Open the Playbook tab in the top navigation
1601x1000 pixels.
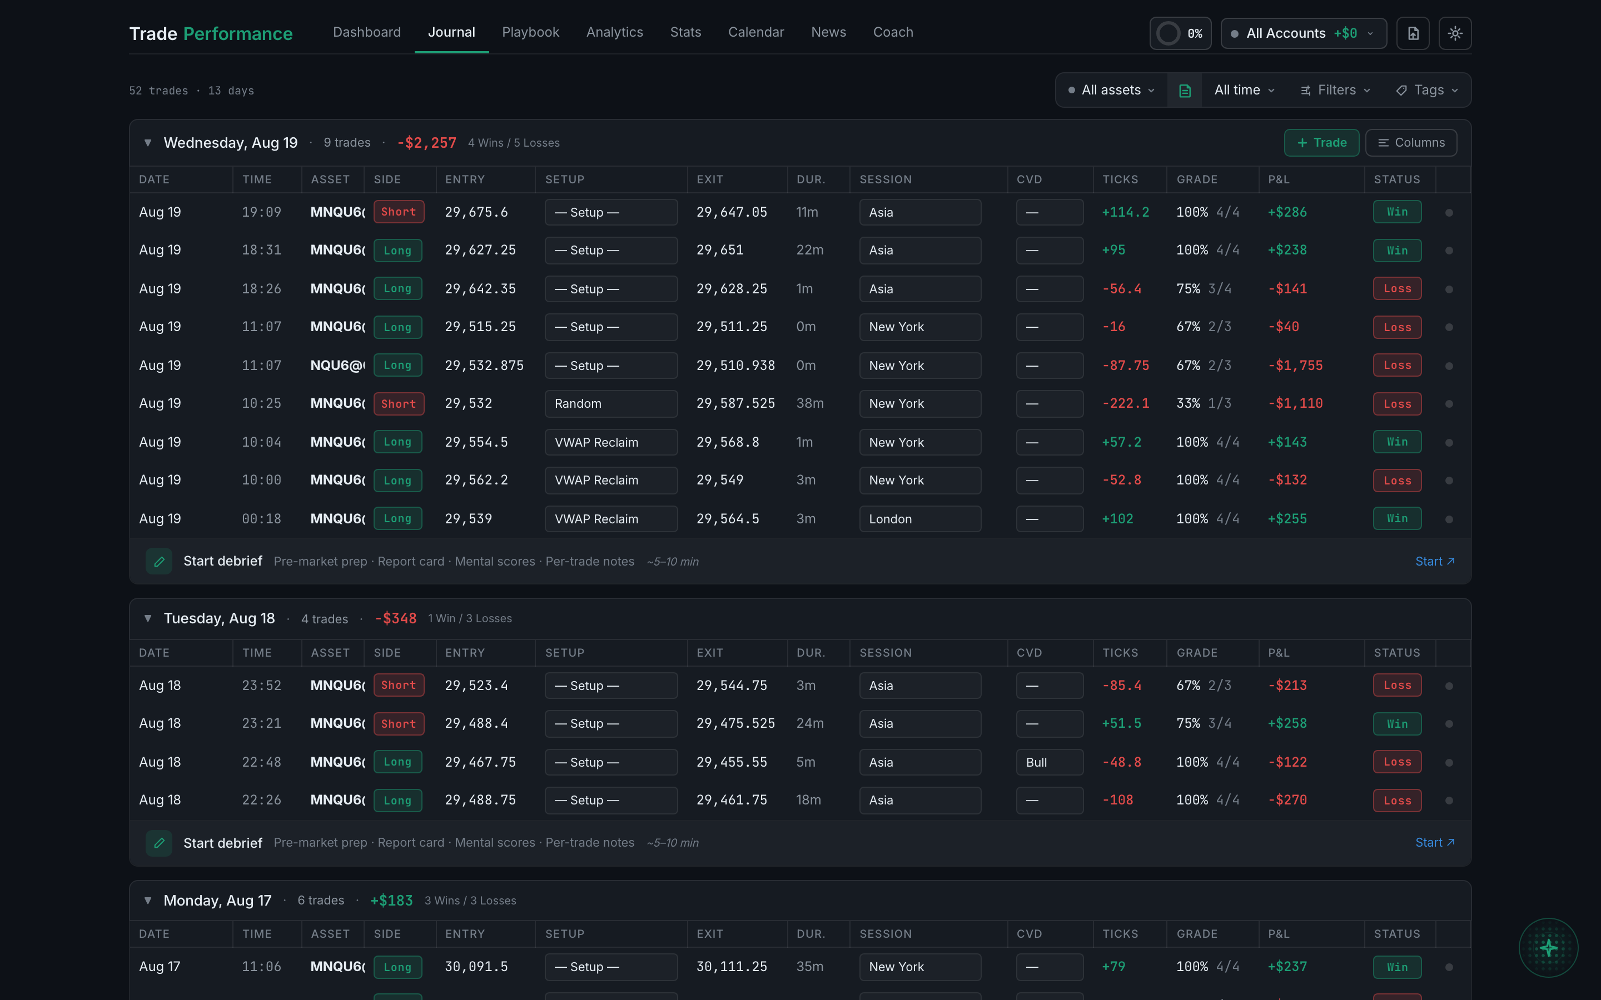coord(530,32)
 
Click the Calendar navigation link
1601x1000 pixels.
coord(755,32)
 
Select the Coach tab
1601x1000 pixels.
coord(892,32)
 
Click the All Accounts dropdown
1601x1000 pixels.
coord(1303,33)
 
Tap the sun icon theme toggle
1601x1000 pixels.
coord(1455,33)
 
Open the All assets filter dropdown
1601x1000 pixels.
coord(1111,90)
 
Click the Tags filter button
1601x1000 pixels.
coord(1427,90)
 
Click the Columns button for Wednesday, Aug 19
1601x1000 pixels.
coord(1411,143)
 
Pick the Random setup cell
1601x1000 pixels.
coord(610,403)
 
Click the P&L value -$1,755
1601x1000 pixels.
coord(1295,365)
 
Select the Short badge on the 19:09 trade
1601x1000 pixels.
coord(398,212)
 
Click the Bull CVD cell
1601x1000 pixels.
coord(1049,762)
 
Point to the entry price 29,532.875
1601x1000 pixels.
coord(484,365)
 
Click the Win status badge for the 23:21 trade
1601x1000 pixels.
coord(1396,723)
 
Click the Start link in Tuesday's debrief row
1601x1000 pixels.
coord(1434,843)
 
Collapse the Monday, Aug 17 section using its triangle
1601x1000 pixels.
coord(147,900)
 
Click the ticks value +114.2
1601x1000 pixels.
coord(1125,212)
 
